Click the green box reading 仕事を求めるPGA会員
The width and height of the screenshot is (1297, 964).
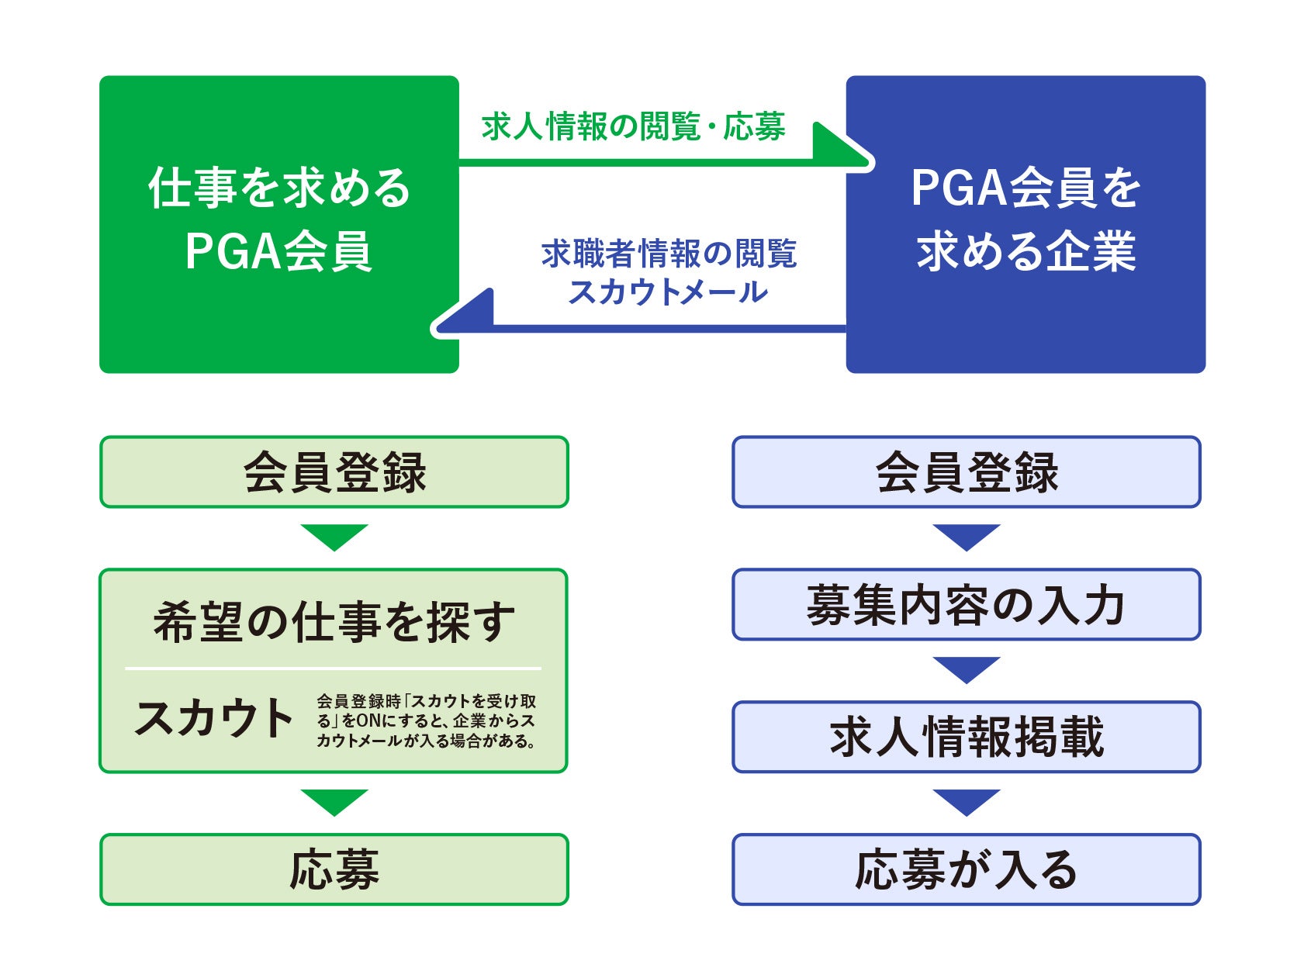278,223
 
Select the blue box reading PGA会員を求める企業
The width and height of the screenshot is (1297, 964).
1025,223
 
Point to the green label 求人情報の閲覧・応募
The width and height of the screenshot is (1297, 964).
633,127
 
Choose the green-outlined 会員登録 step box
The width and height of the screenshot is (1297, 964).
334,472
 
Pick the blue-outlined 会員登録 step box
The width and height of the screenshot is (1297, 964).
966,472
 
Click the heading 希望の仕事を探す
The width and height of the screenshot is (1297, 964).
334,622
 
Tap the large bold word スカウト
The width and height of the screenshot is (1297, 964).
213,718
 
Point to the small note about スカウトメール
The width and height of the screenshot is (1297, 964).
426,720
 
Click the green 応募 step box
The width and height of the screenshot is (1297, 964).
334,869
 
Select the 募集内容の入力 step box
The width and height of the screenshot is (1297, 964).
966,605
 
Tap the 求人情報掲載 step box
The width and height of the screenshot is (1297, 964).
966,737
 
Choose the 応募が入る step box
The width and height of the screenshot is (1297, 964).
966,869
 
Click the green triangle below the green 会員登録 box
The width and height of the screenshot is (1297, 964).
334,535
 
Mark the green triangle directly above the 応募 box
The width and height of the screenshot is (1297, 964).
334,800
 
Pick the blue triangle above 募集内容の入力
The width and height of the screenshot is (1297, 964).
966,535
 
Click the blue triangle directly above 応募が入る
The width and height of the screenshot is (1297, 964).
966,800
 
